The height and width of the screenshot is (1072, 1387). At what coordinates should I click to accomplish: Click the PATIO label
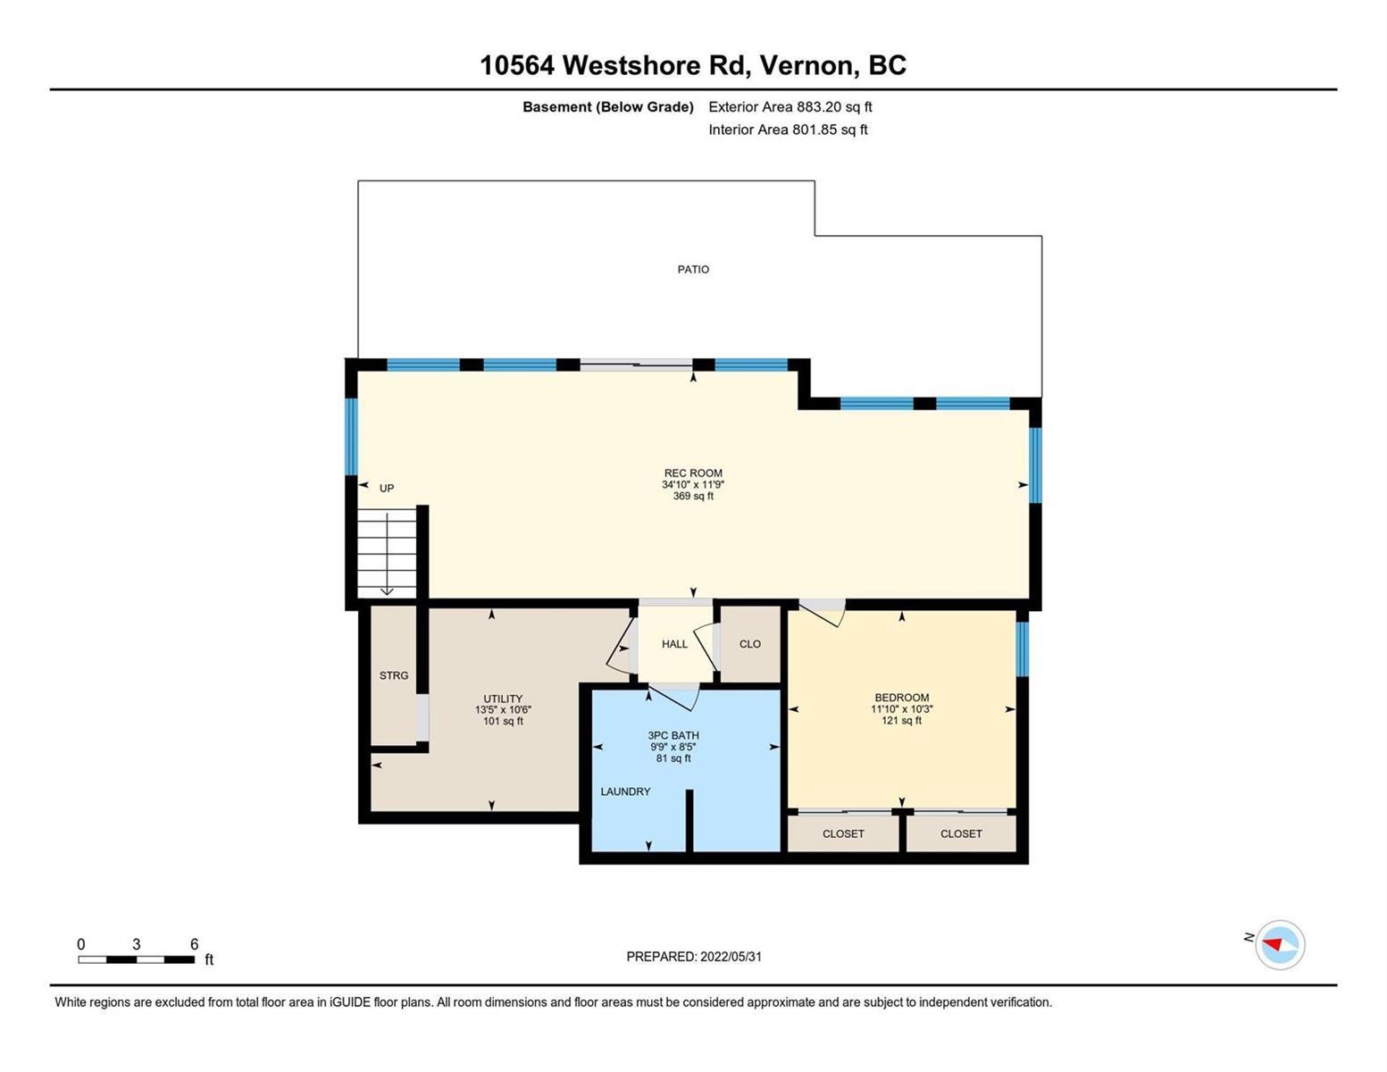click(692, 270)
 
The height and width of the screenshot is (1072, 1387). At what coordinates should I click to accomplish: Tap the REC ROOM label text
click(693, 473)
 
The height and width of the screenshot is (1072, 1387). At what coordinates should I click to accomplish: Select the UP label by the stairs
click(387, 489)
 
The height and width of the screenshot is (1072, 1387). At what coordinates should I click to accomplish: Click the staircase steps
click(387, 553)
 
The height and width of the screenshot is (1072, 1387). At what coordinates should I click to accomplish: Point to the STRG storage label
click(394, 675)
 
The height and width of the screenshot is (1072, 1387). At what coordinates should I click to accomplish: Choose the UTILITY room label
click(503, 699)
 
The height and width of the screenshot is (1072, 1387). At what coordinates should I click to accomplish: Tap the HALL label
click(674, 644)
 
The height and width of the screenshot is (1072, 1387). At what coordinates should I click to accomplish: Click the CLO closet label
click(750, 644)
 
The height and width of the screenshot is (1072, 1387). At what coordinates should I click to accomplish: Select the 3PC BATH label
click(673, 735)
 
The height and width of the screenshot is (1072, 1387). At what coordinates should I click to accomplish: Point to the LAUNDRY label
click(625, 791)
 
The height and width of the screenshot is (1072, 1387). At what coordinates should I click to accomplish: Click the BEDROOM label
click(902, 698)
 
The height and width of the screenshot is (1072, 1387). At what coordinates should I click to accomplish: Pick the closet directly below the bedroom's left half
click(843, 833)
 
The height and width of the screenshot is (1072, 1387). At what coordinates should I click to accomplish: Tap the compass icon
click(1279, 945)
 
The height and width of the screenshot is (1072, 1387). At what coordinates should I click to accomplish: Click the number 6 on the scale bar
click(194, 943)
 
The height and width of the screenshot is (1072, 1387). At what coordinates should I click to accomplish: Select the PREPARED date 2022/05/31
click(731, 957)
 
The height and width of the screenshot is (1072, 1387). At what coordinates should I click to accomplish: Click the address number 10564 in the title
click(517, 65)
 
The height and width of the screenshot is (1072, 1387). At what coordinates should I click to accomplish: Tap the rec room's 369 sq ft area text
click(693, 496)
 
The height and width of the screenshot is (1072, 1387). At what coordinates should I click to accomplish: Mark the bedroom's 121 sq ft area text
click(902, 721)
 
